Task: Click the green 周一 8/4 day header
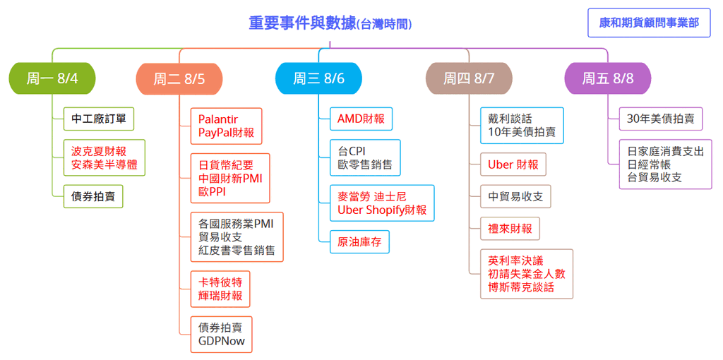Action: click(52, 78)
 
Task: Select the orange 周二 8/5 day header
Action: click(179, 79)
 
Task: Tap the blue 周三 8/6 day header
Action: click(318, 78)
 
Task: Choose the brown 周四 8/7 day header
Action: click(469, 78)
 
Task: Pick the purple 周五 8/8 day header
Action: click(608, 78)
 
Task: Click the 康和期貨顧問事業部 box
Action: click(649, 23)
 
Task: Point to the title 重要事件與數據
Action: click(302, 23)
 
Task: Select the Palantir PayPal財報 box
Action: click(226, 126)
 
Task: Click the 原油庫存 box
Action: click(359, 241)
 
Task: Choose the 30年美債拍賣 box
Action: click(661, 119)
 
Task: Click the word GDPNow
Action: click(222, 341)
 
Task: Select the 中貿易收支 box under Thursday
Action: click(515, 196)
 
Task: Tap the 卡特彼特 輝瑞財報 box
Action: click(220, 289)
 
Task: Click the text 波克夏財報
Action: click(99, 151)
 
